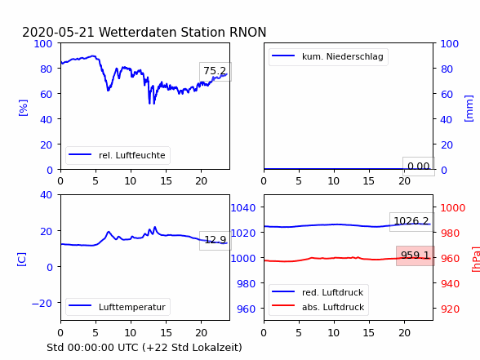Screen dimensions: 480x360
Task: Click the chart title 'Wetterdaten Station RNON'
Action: point(183,32)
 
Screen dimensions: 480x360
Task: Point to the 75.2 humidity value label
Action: point(215,71)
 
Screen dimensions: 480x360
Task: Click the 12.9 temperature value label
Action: point(216,240)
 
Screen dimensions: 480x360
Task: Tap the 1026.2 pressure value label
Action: point(411,221)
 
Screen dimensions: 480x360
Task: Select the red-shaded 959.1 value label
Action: point(415,255)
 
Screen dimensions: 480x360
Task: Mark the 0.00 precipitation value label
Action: point(419,167)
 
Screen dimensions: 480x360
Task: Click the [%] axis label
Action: point(23,108)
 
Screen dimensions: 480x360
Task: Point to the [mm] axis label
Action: point(469,109)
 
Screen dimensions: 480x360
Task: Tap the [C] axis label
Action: point(22,260)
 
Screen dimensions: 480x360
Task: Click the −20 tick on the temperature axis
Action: point(42,304)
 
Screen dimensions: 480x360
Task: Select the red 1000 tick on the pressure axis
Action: point(453,208)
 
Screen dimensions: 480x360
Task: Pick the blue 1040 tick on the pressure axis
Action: point(243,208)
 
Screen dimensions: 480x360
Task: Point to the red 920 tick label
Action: point(450,309)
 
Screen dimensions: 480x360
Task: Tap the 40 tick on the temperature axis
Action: point(46,194)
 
